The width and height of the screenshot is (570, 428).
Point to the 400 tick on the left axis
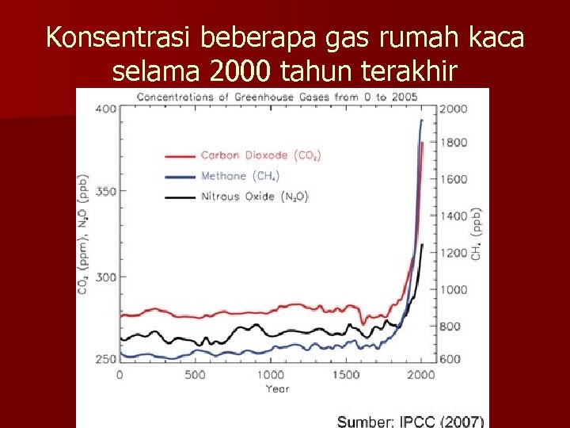click(x=104, y=108)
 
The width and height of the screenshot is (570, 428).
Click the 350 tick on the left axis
click(x=104, y=191)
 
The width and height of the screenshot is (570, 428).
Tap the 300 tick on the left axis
click(x=104, y=277)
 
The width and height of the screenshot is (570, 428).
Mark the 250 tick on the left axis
click(x=104, y=359)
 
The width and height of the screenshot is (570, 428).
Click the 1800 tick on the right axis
click(x=453, y=143)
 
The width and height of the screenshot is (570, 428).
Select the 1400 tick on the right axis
click(x=453, y=216)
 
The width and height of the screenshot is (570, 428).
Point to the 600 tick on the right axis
click(x=450, y=359)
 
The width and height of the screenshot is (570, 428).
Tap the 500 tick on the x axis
click(x=195, y=375)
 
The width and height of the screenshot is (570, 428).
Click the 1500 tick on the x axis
click(x=346, y=375)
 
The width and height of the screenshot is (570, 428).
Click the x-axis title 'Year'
click(x=277, y=388)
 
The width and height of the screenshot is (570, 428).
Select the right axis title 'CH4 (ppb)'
click(x=477, y=234)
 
